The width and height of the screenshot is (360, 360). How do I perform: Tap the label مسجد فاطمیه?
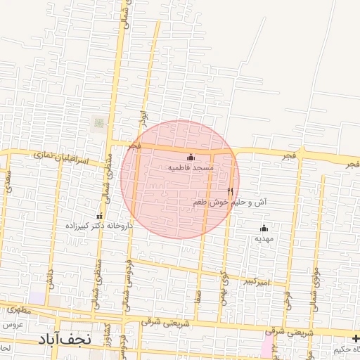click(x=191, y=169)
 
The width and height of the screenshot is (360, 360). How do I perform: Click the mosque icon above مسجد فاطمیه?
click(x=191, y=157)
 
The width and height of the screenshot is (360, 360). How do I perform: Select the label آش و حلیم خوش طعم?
click(x=230, y=202)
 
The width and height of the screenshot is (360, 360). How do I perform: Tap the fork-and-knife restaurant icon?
click(x=230, y=191)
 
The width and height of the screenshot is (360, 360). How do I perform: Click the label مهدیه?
click(x=264, y=238)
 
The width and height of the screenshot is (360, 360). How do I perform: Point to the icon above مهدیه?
click(x=264, y=228)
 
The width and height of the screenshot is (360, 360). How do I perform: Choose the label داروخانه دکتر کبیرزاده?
click(x=98, y=226)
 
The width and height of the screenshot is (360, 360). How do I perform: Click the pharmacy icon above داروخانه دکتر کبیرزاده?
click(x=99, y=215)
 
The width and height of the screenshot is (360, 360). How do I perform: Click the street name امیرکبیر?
click(x=255, y=282)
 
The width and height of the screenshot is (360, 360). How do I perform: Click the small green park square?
click(x=99, y=123)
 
